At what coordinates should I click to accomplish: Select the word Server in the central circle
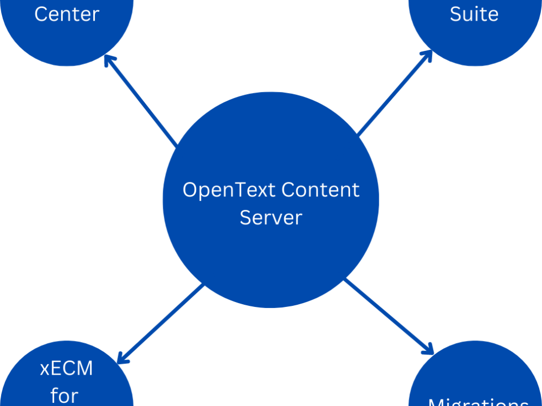click(x=270, y=218)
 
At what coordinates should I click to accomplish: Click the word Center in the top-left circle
click(x=67, y=14)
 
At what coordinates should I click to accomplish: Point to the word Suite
click(x=474, y=14)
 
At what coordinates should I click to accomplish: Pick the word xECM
click(x=66, y=369)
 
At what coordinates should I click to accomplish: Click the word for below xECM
click(x=65, y=395)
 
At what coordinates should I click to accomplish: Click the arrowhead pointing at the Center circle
click(x=109, y=59)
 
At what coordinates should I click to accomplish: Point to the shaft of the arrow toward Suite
click(x=393, y=94)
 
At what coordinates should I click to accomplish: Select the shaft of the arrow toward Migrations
click(x=388, y=314)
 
